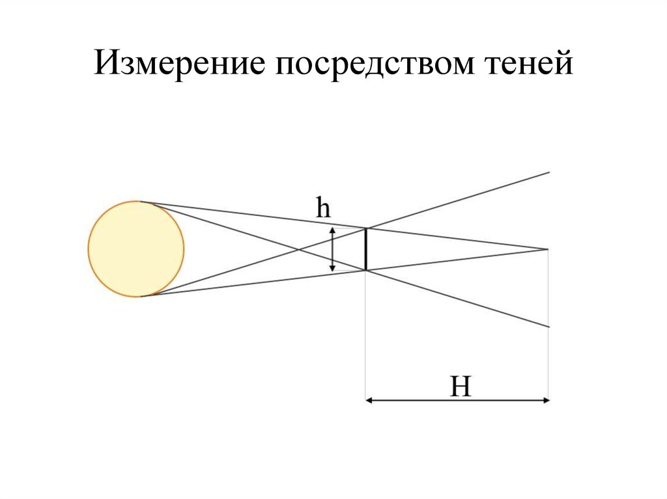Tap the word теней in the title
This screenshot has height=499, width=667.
(x=527, y=66)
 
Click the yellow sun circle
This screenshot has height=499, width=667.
(x=136, y=249)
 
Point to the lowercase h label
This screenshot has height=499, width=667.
(x=324, y=209)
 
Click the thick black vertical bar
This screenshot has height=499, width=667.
(x=365, y=249)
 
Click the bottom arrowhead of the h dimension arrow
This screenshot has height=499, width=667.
(x=333, y=268)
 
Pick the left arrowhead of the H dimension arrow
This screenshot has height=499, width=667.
(x=369, y=401)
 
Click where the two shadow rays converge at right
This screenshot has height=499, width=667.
(x=549, y=249)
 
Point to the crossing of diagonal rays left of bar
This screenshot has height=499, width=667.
(x=299, y=249)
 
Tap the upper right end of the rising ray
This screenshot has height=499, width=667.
(x=550, y=172)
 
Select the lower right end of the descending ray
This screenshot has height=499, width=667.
(x=550, y=327)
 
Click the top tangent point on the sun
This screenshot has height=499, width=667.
(x=140, y=202)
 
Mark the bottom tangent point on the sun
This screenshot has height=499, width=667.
(x=140, y=296)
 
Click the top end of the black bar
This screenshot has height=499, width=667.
(x=365, y=229)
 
